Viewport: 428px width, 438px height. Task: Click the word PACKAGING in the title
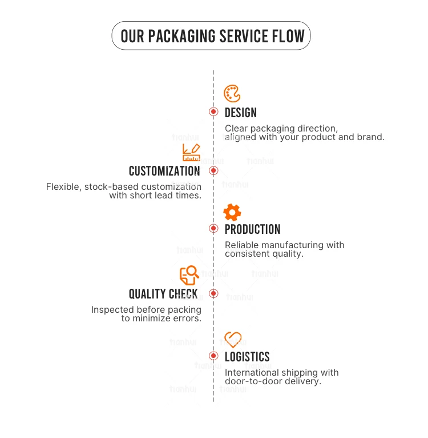[182, 37]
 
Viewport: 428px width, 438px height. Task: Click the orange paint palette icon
[232, 94]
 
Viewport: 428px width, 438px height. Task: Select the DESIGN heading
[241, 113]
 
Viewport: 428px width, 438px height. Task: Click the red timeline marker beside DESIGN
[213, 112]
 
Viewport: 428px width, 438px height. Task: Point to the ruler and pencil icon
[191, 153]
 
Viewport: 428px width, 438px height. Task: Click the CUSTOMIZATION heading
[164, 171]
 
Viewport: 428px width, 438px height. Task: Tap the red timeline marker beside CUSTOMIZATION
[213, 170]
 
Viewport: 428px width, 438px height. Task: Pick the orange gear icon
[232, 212]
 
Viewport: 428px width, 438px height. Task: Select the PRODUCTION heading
[252, 229]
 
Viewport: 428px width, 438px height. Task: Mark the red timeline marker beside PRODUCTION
[213, 229]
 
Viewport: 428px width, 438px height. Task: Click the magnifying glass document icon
[189, 275]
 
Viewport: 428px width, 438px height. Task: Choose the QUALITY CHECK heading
[163, 294]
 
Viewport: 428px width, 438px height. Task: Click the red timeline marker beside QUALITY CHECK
[213, 293]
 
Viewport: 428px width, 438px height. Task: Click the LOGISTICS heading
[247, 357]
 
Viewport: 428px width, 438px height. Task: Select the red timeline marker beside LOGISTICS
[213, 356]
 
